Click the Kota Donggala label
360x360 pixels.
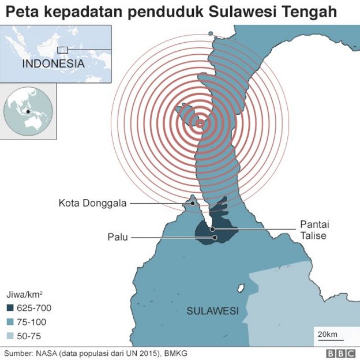point(92,203)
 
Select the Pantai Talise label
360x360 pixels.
point(314,230)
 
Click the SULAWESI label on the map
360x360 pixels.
point(212,311)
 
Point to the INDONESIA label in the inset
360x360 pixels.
point(53,63)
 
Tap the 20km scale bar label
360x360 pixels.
point(327,334)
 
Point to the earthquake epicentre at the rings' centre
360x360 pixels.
point(200,123)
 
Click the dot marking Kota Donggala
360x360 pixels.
point(193,203)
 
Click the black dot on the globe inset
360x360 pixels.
point(27,111)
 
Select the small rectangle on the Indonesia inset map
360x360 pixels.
point(63,50)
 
